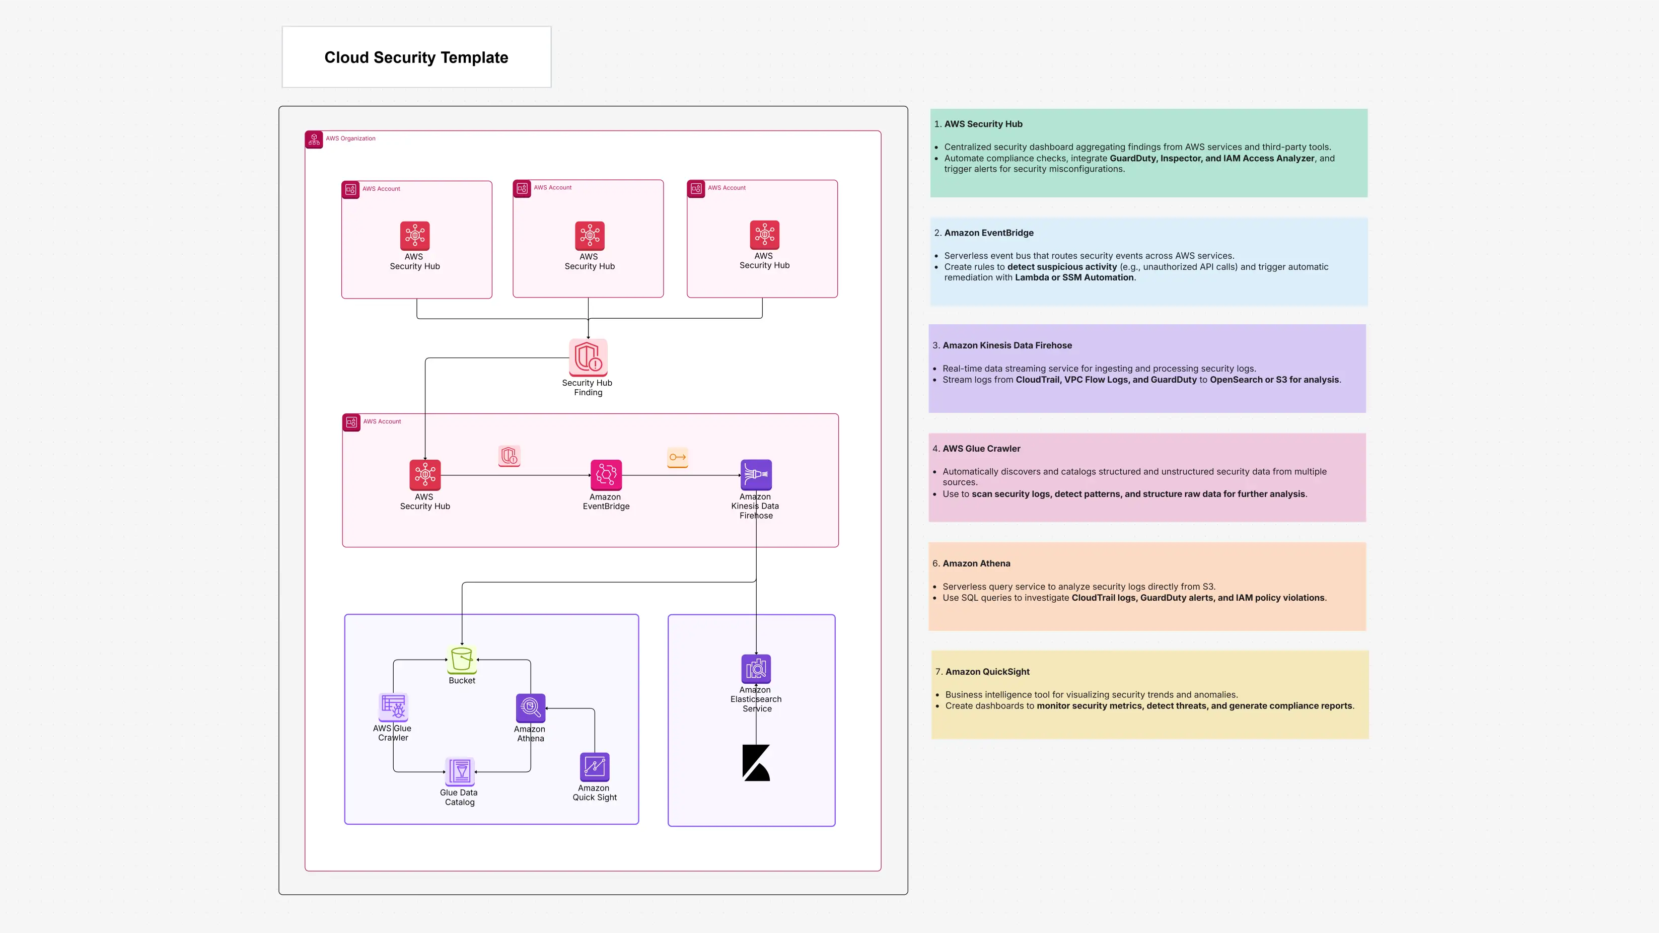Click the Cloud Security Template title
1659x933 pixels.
[x=416, y=57]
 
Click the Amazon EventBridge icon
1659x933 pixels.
[x=605, y=475]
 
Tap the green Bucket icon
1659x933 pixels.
[x=462, y=660]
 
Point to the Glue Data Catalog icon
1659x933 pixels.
[x=460, y=771]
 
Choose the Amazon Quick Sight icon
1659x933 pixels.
[x=595, y=767]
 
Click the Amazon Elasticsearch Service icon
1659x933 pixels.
[x=756, y=669]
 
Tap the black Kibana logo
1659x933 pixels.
[x=756, y=763]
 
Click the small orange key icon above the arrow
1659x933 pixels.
[x=678, y=457]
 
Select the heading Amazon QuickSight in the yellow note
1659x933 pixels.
[x=987, y=672]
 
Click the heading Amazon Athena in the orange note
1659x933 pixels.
[x=976, y=563]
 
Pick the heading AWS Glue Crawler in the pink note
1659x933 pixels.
[x=981, y=449]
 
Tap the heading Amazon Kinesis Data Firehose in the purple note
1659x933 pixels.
[x=1007, y=345]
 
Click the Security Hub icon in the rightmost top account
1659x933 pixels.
[x=764, y=235]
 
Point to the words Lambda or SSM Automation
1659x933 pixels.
[x=1073, y=277]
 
